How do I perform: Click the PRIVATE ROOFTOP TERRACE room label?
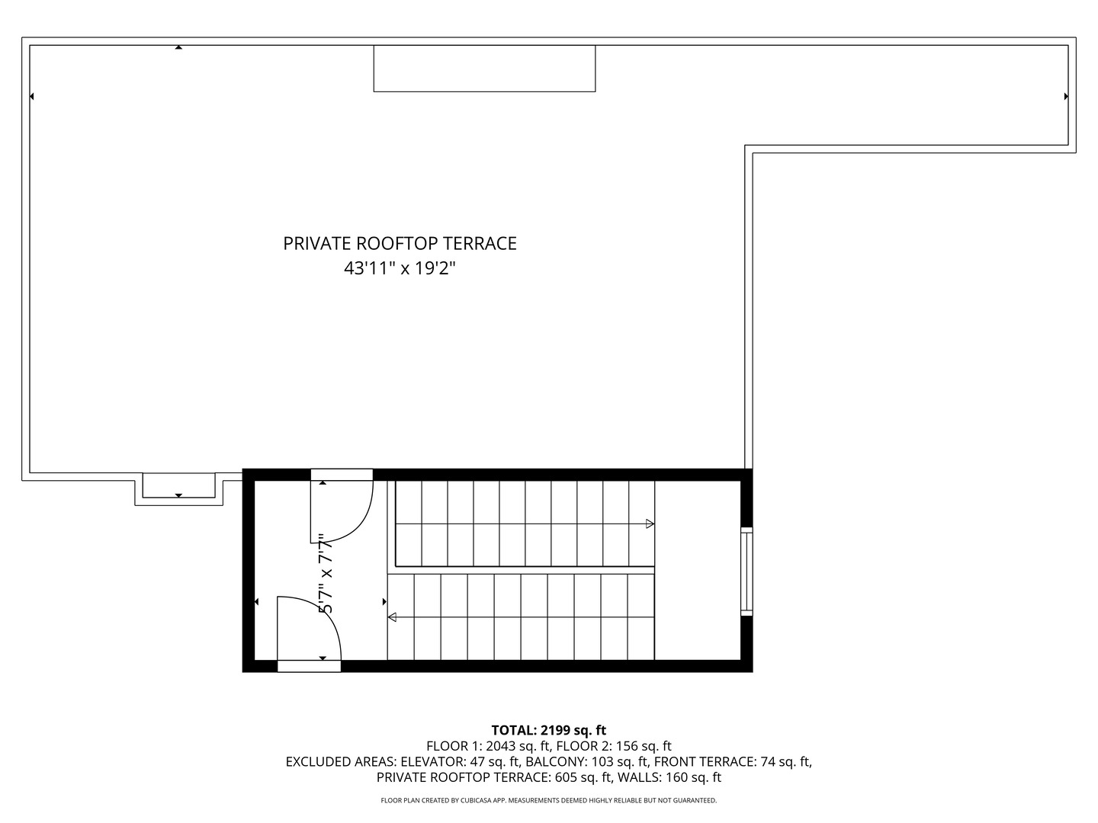[x=400, y=243]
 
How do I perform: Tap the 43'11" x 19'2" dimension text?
[x=400, y=268]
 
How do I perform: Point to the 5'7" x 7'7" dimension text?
[x=326, y=573]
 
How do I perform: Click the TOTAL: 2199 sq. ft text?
[x=548, y=730]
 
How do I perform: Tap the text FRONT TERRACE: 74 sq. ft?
[x=732, y=761]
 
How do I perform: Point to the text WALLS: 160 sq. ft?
[x=669, y=777]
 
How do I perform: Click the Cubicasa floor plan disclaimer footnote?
[x=548, y=800]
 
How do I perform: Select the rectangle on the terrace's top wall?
[x=484, y=69]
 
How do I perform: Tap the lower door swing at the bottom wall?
[x=308, y=630]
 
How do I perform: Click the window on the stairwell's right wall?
[x=746, y=571]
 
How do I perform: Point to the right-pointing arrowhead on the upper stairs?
[x=650, y=524]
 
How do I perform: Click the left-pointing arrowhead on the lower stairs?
[x=392, y=617]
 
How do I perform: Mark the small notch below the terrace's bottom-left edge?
[x=179, y=488]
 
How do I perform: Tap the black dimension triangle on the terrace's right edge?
[x=1066, y=97]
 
